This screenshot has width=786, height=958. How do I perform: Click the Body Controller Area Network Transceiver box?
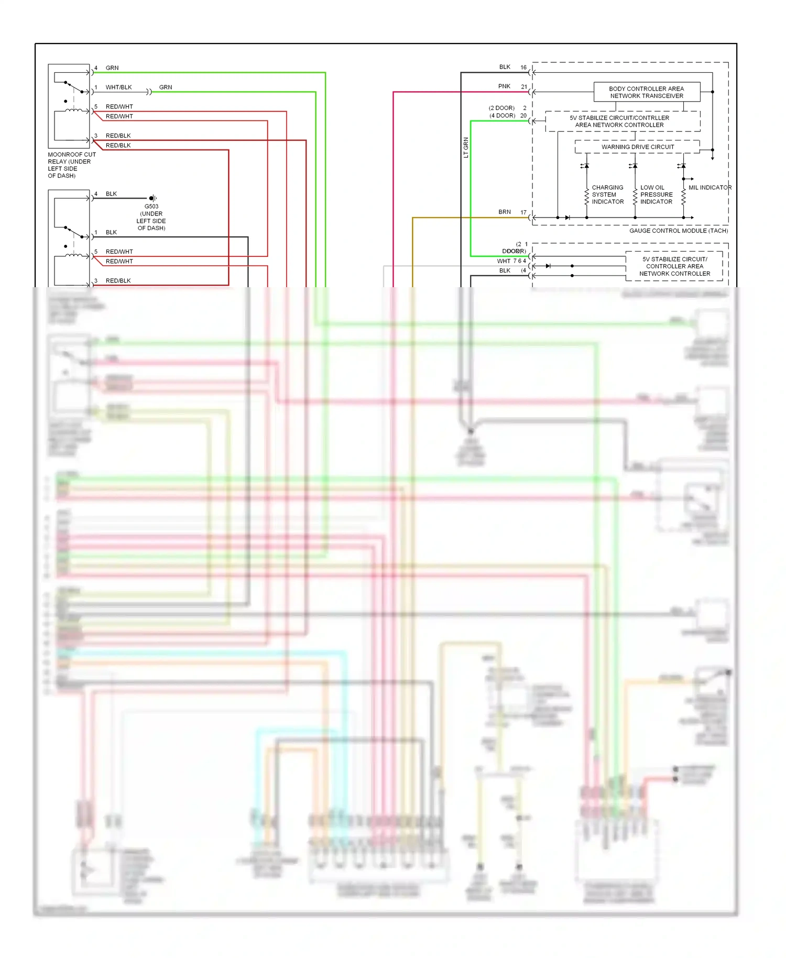(x=646, y=92)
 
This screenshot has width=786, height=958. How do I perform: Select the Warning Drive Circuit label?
(x=637, y=147)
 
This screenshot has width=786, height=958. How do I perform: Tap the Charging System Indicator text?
(x=607, y=194)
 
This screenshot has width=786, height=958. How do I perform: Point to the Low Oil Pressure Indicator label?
(x=656, y=194)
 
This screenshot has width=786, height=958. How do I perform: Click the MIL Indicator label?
(x=709, y=188)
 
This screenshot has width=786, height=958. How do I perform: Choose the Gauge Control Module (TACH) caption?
(x=678, y=231)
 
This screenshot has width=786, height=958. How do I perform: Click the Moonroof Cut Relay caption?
(x=72, y=165)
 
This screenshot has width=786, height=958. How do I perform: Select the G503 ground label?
(x=151, y=206)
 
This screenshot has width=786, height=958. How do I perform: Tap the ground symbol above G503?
(x=152, y=198)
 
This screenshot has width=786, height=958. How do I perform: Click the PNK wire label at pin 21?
(x=504, y=86)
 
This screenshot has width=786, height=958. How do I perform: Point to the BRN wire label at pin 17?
(x=504, y=212)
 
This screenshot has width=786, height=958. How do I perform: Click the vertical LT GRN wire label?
(x=466, y=148)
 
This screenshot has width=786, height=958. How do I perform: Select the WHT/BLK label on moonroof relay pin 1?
(x=118, y=88)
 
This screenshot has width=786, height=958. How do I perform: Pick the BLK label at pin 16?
(x=505, y=67)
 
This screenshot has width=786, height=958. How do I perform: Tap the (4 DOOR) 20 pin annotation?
(x=508, y=116)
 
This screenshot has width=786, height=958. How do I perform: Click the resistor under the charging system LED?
(x=586, y=197)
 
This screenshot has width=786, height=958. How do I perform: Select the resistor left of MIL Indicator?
(x=683, y=197)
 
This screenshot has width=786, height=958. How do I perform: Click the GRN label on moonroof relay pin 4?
(x=112, y=68)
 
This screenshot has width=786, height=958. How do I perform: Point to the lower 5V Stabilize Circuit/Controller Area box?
(x=674, y=266)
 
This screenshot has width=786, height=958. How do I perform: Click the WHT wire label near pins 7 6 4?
(x=504, y=261)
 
